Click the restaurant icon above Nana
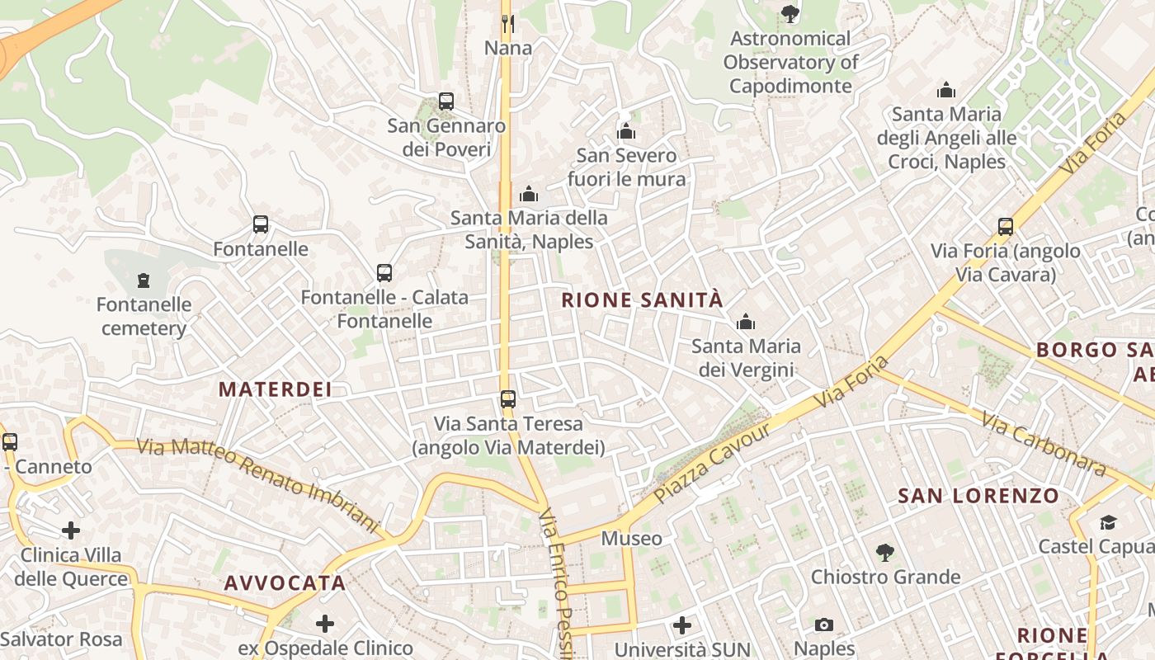click(x=508, y=23)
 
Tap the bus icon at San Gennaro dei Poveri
click(x=446, y=101)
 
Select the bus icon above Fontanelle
click(x=261, y=224)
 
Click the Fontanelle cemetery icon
click(x=144, y=280)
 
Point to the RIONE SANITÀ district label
click(x=642, y=299)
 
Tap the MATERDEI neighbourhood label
click(x=275, y=389)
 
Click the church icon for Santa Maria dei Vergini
click(x=746, y=322)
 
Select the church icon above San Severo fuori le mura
click(x=626, y=131)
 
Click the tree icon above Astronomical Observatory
click(x=790, y=14)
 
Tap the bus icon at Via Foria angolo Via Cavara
click(x=1005, y=227)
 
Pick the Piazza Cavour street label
click(x=712, y=464)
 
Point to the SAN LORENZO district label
click(x=978, y=496)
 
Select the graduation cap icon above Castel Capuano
click(x=1107, y=522)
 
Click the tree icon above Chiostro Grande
click(x=885, y=552)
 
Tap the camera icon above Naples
click(x=823, y=625)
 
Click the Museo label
click(x=631, y=539)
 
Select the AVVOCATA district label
click(x=285, y=583)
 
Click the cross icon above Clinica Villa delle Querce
click(x=71, y=530)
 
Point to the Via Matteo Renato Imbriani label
click(x=257, y=484)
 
